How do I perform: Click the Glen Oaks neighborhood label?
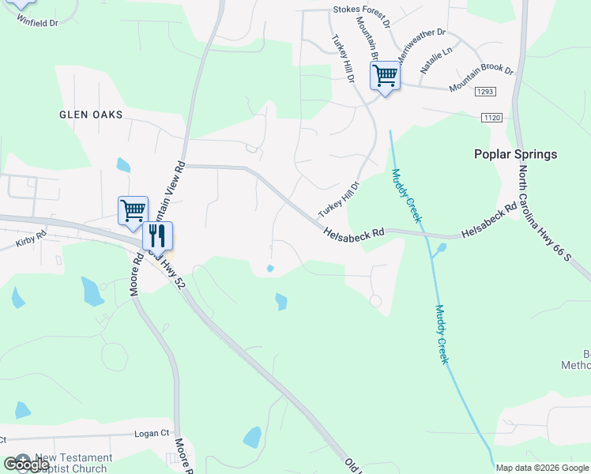coord(91,115)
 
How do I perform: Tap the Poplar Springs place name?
coord(515,155)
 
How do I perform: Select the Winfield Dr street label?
coord(37,23)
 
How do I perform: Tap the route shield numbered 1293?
coord(485,92)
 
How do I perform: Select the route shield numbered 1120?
coord(491,118)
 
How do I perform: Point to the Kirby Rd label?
coord(31,239)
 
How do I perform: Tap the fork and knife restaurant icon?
coord(157,235)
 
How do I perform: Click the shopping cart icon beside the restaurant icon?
coord(133,210)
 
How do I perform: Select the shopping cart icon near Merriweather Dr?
coord(385,76)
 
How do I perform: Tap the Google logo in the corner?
coord(26,465)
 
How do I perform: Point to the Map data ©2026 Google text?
coord(541,468)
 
